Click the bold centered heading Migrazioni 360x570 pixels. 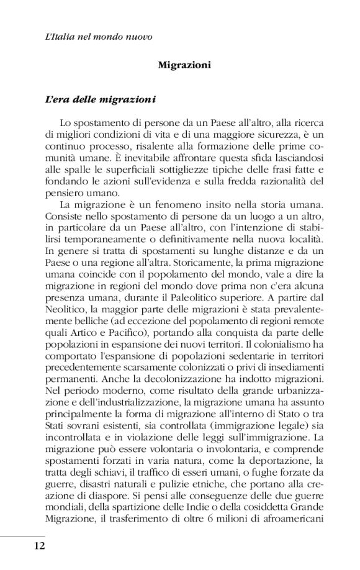(x=184, y=65)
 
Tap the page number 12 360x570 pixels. (x=38, y=546)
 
